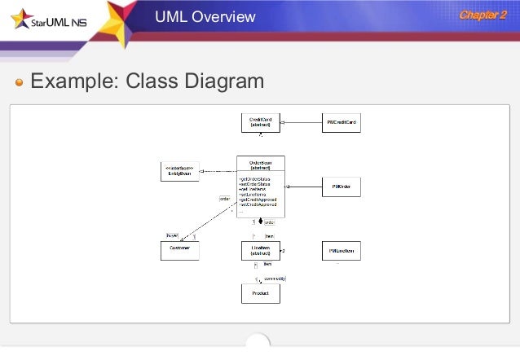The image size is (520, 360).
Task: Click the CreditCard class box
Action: coord(260,123)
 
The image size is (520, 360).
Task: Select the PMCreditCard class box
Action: coord(341,123)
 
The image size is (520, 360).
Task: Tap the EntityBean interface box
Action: coord(179,171)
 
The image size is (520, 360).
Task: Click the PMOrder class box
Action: coord(341,187)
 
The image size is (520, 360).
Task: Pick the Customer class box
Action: coord(179,249)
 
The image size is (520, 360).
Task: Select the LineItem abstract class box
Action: coord(260,250)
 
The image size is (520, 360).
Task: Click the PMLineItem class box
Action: coord(341,249)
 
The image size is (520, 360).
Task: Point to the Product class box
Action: coord(260,293)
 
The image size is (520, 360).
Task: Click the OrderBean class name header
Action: coord(260,164)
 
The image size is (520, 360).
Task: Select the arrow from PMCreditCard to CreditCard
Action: coord(302,123)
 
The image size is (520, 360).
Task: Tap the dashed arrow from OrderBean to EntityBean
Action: coord(218,171)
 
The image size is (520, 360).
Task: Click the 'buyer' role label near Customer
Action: coord(172,235)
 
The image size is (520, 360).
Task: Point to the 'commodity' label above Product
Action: coord(275,279)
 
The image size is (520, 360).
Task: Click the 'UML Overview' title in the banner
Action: coord(205,17)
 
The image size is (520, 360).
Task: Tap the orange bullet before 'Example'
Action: coord(20,82)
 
